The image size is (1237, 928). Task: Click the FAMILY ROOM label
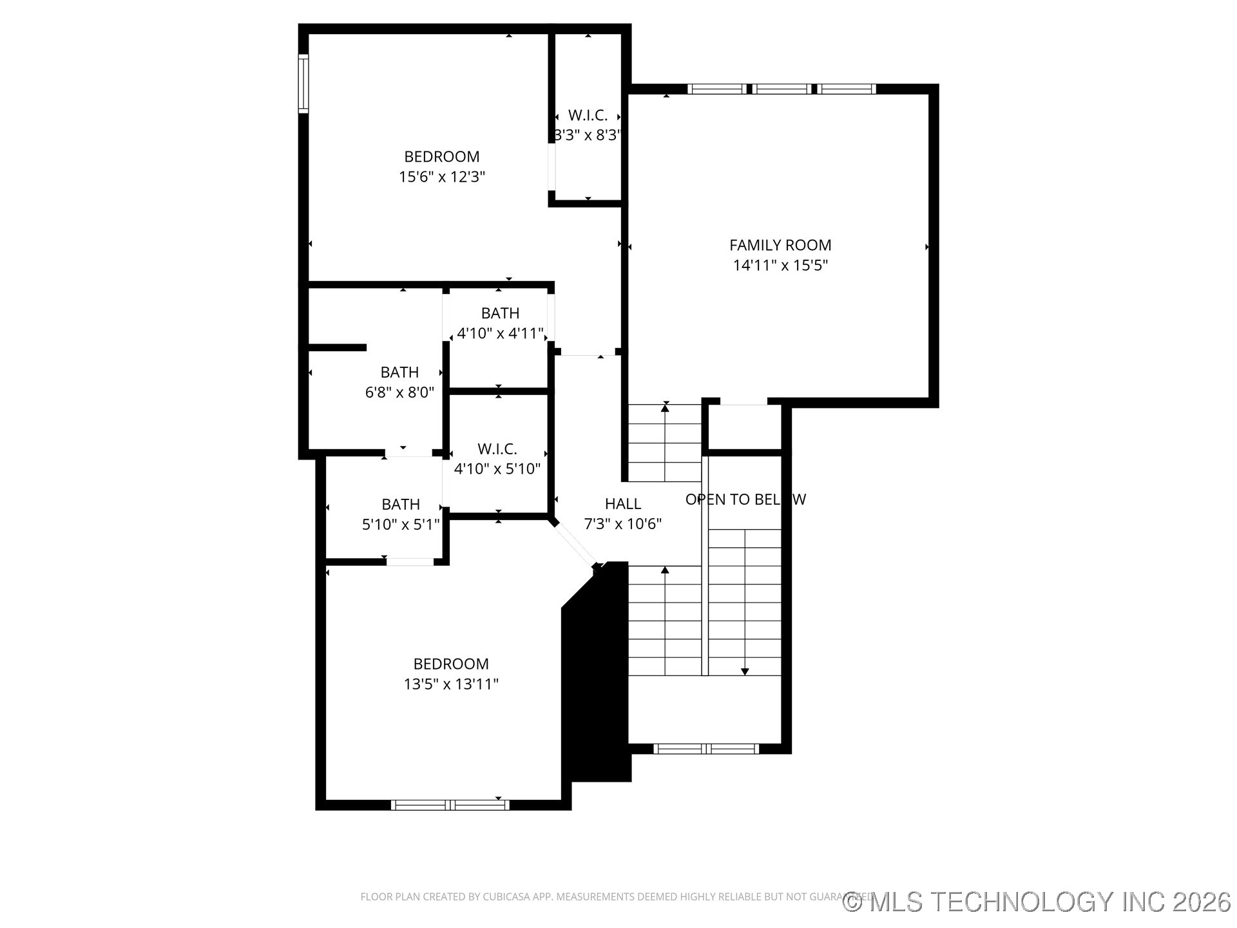coord(780,245)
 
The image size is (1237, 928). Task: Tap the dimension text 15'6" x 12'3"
coord(441,177)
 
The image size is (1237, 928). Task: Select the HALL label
coord(622,503)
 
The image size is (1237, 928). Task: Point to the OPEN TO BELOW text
coord(745,499)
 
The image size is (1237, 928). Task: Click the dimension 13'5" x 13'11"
coord(451,684)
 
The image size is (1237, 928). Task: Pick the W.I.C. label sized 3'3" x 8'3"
coord(588,115)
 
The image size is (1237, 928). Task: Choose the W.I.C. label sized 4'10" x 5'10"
coord(497,449)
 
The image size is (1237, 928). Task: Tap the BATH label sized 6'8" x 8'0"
coord(399,372)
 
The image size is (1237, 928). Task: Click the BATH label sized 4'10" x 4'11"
coord(500,313)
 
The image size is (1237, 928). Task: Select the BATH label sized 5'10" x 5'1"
coord(400,504)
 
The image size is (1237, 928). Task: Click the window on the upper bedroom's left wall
coord(303,84)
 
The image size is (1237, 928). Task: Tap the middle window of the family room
coord(782,89)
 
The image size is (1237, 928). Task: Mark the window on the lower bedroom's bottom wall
coord(450,804)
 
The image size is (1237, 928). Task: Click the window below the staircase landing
coord(706,748)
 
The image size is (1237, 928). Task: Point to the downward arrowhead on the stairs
coord(745,672)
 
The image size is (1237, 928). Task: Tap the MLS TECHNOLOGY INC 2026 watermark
coord(1037,902)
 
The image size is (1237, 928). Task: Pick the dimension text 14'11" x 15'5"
coord(780,265)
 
